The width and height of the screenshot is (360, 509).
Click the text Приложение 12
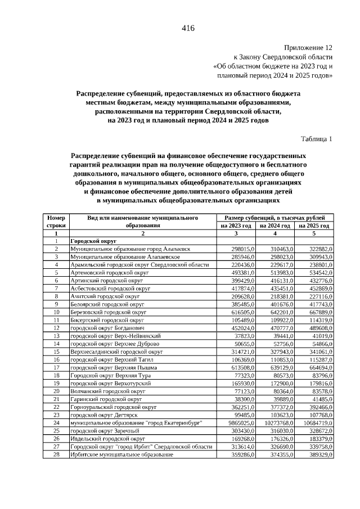click(308, 48)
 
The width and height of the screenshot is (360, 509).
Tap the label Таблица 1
click(317, 138)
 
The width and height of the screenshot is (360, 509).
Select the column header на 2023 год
click(236, 225)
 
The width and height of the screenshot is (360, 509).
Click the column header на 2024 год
click(274, 225)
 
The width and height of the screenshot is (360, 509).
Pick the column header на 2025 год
click(314, 225)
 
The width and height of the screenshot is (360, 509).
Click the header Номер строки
click(56, 221)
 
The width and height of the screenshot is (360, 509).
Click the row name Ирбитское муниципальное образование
click(121, 454)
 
